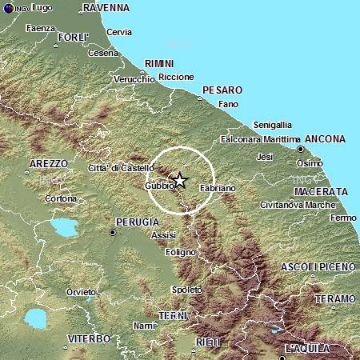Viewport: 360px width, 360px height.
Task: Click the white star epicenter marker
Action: [180, 181]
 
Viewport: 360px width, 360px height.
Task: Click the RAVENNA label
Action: [106, 8]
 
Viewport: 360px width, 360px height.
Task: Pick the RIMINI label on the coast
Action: [158, 63]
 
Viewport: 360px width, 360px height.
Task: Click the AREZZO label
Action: [48, 163]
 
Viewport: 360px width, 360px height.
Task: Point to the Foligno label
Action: [181, 252]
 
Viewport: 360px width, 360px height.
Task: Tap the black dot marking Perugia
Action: [113, 232]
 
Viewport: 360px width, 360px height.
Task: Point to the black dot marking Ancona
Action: [300, 149]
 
